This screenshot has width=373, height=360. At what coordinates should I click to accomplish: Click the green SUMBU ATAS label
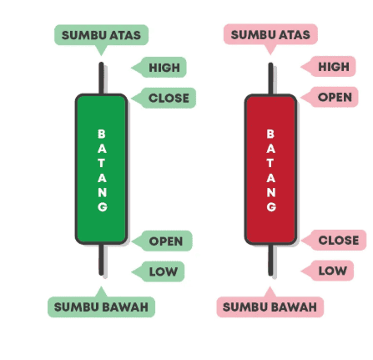click(101, 35)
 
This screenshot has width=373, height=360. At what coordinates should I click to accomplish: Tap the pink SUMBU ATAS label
click(270, 34)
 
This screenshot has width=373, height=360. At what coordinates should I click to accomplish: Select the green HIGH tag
click(159, 68)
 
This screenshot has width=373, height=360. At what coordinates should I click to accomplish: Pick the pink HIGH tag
click(328, 67)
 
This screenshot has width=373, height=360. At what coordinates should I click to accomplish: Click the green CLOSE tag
click(164, 98)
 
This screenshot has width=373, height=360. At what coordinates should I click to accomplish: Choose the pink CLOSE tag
click(334, 240)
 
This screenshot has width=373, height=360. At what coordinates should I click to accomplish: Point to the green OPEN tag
click(162, 241)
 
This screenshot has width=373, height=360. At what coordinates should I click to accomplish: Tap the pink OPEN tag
click(330, 97)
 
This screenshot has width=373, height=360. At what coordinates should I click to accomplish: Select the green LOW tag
click(158, 271)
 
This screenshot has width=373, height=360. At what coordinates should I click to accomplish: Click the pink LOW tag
click(327, 271)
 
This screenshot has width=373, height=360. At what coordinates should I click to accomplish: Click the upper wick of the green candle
click(101, 79)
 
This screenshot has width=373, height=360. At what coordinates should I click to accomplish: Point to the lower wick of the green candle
click(101, 260)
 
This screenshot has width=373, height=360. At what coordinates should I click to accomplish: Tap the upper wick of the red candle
click(270, 79)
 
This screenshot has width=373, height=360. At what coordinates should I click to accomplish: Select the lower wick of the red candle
click(270, 261)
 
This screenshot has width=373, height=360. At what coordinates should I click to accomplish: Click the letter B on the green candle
click(102, 134)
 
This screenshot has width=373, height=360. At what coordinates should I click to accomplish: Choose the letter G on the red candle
click(271, 207)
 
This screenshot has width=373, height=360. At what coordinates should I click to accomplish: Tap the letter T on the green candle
click(102, 163)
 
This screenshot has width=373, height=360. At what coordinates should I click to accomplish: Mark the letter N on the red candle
click(271, 192)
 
